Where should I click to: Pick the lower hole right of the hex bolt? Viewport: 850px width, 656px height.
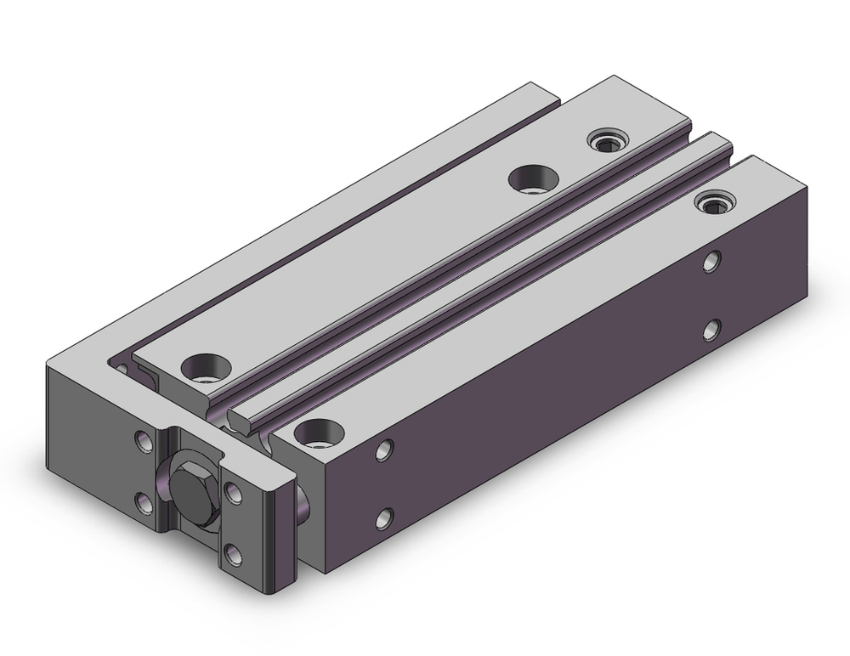pos(234,555)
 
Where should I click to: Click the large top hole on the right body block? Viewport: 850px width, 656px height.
pos(314,433)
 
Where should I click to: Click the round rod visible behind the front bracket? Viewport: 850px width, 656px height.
pos(303,501)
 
